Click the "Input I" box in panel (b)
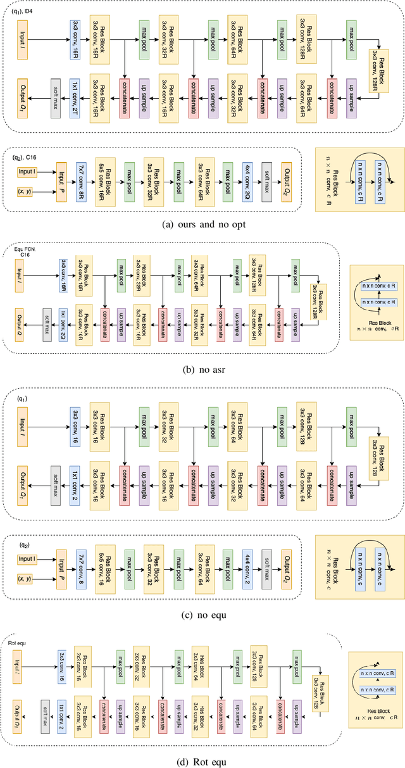pyautogui.click(x=19, y=273)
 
